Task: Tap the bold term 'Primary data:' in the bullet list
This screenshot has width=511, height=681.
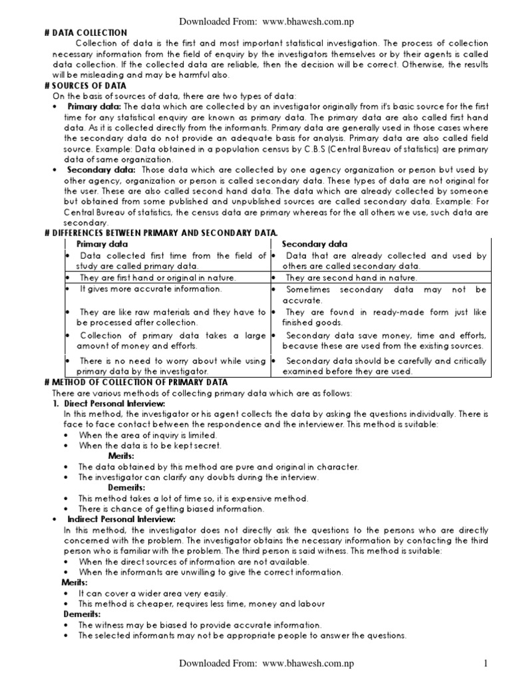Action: click(x=93, y=106)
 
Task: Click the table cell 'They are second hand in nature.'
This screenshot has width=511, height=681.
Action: click(x=351, y=278)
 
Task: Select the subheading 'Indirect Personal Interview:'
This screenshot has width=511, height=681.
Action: click(x=121, y=519)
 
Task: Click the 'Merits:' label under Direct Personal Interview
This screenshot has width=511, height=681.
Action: click(x=121, y=456)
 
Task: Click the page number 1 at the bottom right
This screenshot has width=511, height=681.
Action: click(x=486, y=664)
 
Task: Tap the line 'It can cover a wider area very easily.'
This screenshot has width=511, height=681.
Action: click(x=153, y=593)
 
